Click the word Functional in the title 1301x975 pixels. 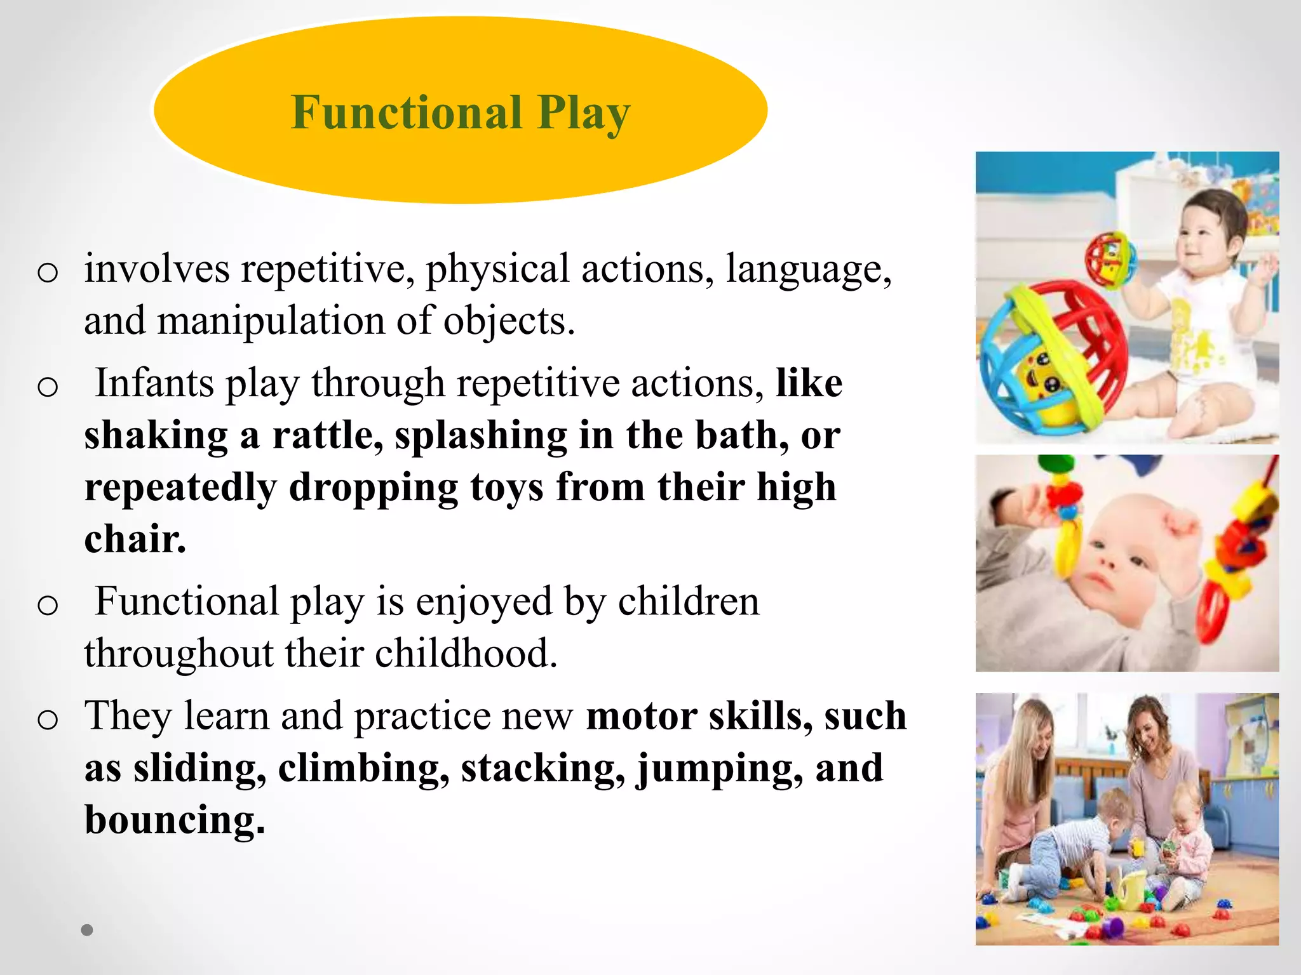point(407,112)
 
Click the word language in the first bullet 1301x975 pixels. point(809,269)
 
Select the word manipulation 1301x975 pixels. point(271,321)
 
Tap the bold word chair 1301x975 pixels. point(135,540)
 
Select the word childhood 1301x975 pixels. point(466,654)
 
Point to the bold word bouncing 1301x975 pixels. point(175,820)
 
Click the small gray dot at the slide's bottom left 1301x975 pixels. point(87,930)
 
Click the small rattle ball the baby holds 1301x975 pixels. point(1110,258)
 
